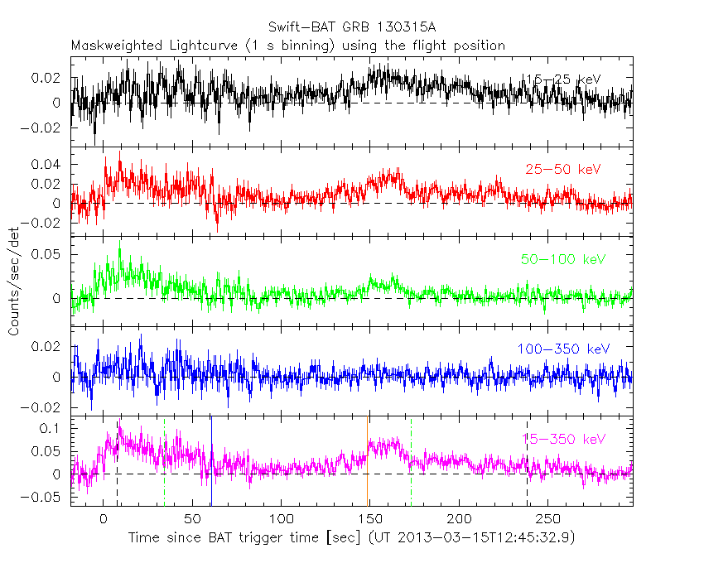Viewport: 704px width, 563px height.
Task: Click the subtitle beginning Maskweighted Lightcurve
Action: point(287,46)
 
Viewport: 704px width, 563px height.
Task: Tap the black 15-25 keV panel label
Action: point(563,79)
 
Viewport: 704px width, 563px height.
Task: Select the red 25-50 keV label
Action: point(563,170)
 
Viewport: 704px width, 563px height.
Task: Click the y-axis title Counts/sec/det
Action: point(14,281)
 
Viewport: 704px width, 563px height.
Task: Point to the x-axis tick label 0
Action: point(104,519)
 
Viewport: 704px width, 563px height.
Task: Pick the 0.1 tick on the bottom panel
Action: point(53,429)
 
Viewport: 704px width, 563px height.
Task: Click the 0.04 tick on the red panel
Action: point(50,164)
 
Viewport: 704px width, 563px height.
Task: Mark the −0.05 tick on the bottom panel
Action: point(46,498)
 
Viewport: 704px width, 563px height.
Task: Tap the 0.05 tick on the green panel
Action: point(50,253)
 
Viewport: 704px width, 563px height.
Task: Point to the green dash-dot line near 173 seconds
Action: point(411,455)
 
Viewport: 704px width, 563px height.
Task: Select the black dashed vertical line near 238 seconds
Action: point(527,464)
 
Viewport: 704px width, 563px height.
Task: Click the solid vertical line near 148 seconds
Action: point(367,460)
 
